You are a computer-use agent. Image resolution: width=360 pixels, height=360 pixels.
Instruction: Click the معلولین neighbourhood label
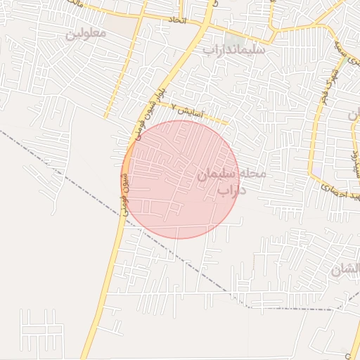[x=86, y=33]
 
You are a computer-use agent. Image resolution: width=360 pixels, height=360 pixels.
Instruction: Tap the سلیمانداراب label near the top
[x=233, y=50]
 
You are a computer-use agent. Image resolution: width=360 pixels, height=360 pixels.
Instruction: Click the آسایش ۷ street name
[x=190, y=111]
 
